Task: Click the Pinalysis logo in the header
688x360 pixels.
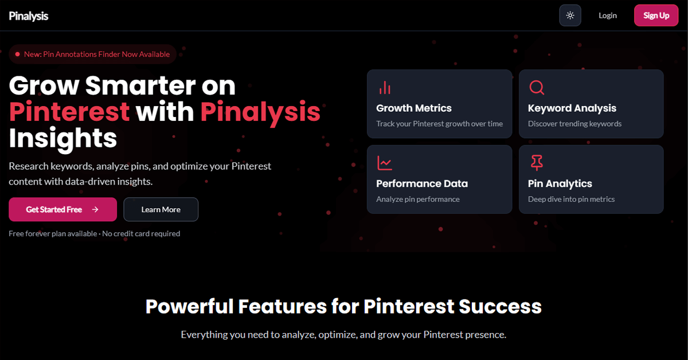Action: pos(29,16)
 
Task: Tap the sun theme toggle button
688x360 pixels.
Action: pos(570,15)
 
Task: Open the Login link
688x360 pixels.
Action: pos(607,15)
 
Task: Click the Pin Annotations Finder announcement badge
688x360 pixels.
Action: pos(92,54)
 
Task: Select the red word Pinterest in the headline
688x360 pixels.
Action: pos(69,111)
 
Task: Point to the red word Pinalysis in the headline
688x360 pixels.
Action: pos(260,111)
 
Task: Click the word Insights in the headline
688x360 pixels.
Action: pos(63,138)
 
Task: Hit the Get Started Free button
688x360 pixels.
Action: pos(62,210)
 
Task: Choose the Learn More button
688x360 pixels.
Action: pos(161,210)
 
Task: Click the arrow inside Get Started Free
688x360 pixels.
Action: pos(95,210)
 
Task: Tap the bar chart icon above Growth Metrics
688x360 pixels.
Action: pos(385,88)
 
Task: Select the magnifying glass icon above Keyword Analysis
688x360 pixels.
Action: pos(537,88)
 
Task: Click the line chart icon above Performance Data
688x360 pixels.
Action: pos(385,163)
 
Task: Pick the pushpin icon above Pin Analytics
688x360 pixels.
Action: pos(537,163)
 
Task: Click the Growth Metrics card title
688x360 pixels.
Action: pos(414,108)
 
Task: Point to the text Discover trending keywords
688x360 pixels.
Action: pos(574,124)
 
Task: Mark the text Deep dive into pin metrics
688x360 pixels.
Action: pos(571,199)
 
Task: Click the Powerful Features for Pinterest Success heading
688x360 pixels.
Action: pos(343,306)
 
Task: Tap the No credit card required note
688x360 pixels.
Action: pos(141,234)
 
